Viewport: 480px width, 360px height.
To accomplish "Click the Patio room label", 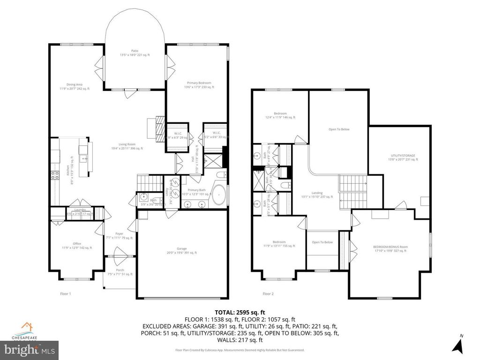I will [x=135, y=52].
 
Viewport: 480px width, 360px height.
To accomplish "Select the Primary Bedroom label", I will [x=199, y=85].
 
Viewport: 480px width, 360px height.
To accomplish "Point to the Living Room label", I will [x=127, y=146].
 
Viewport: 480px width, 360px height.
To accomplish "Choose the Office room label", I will [x=76, y=245].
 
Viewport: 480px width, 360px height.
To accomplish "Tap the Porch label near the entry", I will [x=120, y=272].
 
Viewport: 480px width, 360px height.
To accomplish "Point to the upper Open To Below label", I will [x=338, y=129].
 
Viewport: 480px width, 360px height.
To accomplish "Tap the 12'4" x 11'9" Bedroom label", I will [x=280, y=115].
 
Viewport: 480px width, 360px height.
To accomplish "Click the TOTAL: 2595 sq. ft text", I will [x=240, y=312].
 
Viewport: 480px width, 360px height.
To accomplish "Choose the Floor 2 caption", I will [x=268, y=294].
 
